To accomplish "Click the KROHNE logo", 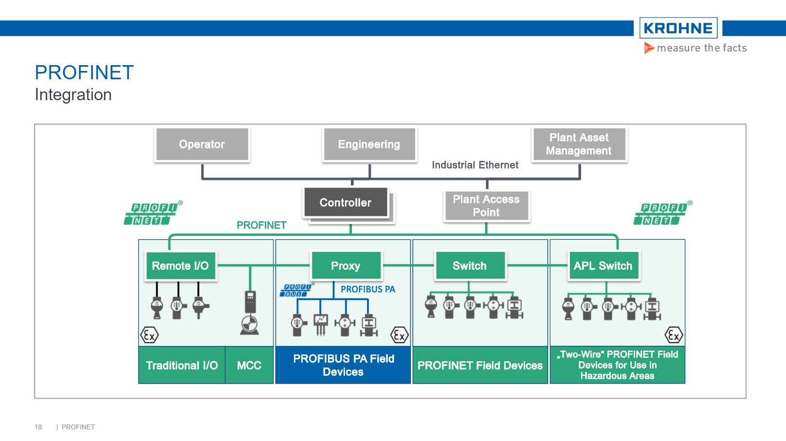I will coord(678,28).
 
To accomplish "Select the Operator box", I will coord(201,144).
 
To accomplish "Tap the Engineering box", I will coord(369,144).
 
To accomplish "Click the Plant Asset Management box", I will coord(579,144).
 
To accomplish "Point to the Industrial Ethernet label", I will coord(475,165).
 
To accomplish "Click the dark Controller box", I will coord(345,203).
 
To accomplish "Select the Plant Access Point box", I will coord(486,206).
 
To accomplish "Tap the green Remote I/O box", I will coord(180,266).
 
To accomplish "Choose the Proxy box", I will coord(346,266).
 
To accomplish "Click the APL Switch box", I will coord(603,266).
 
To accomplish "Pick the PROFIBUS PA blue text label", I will coord(367,289).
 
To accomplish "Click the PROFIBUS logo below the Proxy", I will coord(296,291).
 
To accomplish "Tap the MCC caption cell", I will coord(249,365).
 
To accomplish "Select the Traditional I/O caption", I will coord(182,365).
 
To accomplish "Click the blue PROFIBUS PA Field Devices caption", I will coord(343,365).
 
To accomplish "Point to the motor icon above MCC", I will coord(249,324).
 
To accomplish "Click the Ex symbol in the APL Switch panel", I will coord(674,335).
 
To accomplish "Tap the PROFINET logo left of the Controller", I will coord(152,214).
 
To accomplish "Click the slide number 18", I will coord(38,427).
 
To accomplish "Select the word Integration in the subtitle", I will coord(73,95).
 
